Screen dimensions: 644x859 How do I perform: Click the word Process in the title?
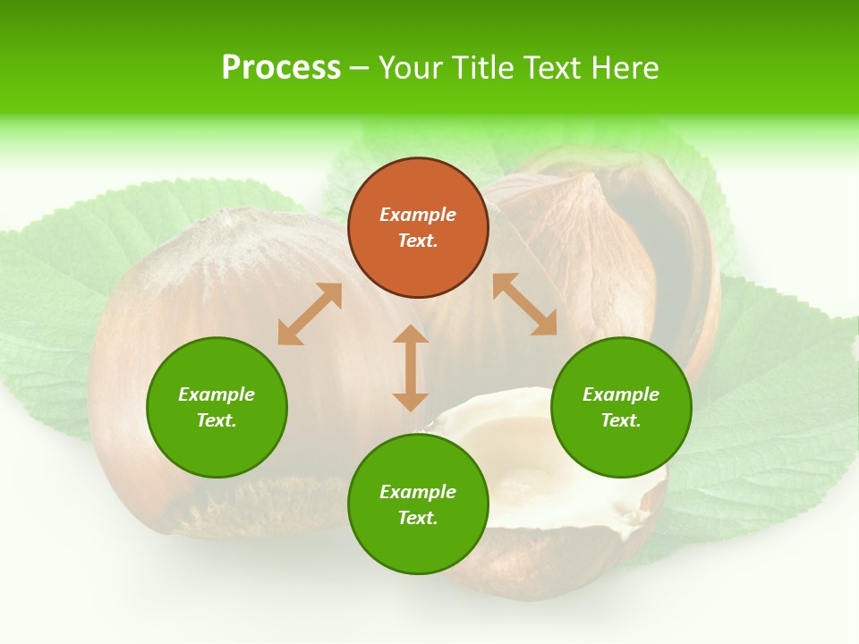[x=281, y=68]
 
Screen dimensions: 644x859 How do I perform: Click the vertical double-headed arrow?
[x=411, y=368]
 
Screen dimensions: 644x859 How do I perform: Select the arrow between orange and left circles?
[x=310, y=314]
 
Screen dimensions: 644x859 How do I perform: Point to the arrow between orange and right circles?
[x=524, y=304]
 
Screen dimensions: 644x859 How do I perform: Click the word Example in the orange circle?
[x=418, y=215]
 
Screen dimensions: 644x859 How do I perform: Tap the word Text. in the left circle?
[x=217, y=420]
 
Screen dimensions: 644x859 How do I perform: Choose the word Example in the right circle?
[x=621, y=394]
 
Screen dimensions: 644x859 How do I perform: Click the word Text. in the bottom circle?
[x=418, y=518]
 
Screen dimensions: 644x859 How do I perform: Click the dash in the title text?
[x=359, y=68]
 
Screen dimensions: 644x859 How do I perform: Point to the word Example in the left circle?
[x=217, y=394]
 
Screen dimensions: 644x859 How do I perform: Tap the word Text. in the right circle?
[x=621, y=420]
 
